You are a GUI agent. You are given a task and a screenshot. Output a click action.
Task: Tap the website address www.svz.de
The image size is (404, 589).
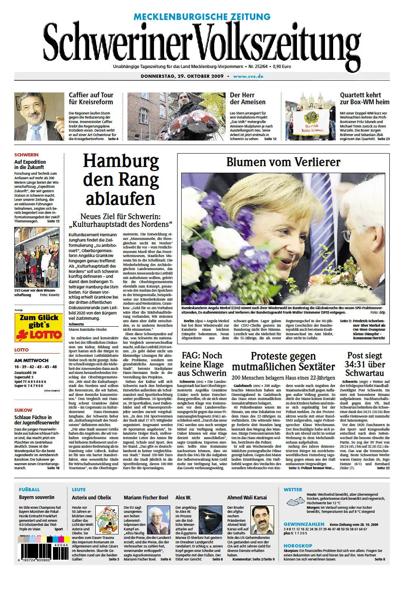click(248, 76)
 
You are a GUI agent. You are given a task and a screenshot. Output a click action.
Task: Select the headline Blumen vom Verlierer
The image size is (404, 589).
click(283, 162)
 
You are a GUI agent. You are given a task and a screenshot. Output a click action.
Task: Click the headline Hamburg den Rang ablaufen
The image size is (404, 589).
click(121, 180)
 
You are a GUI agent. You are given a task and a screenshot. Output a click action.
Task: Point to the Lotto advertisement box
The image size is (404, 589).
click(39, 327)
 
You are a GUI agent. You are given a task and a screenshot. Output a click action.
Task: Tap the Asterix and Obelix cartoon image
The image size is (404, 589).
click(107, 517)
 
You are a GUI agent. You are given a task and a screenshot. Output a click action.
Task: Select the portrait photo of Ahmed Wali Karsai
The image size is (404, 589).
click(262, 519)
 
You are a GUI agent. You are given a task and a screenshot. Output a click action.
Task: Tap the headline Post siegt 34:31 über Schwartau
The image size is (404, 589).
click(365, 365)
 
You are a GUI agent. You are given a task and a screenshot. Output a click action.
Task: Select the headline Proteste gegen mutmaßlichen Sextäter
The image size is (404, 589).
click(283, 361)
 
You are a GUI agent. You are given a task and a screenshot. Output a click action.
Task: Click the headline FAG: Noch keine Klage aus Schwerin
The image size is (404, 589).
click(202, 364)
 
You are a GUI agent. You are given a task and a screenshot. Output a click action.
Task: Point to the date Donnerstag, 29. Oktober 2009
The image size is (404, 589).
click(182, 76)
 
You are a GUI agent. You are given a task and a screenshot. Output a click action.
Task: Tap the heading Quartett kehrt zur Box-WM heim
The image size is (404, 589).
click(364, 99)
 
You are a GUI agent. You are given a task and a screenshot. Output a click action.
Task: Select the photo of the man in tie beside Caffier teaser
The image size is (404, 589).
click(39, 116)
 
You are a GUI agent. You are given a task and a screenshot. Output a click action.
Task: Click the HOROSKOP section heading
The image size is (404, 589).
click(298, 545)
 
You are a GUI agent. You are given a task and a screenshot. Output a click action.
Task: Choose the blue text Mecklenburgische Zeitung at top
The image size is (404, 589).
click(202, 17)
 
